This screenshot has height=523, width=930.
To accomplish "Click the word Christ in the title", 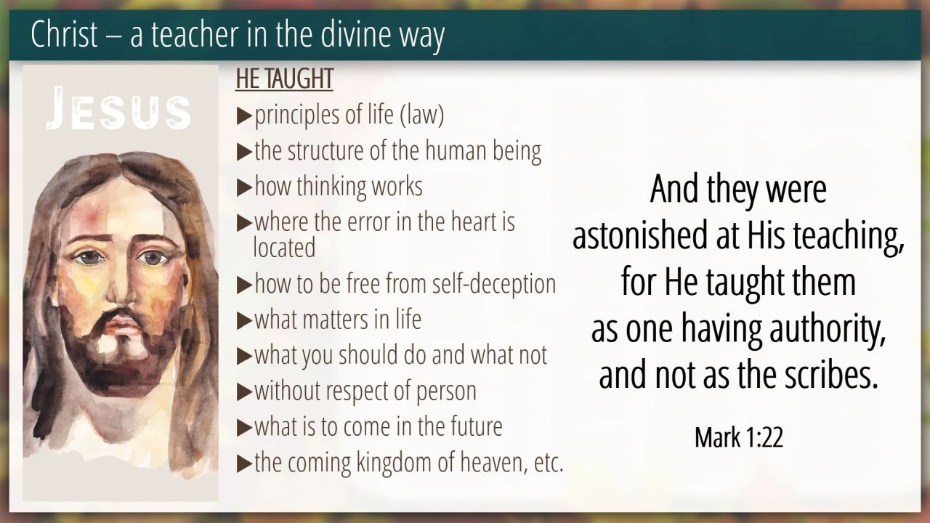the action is click(65, 34).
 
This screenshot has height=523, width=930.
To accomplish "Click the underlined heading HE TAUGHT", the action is click(284, 78).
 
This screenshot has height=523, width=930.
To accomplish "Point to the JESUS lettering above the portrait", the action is click(118, 108).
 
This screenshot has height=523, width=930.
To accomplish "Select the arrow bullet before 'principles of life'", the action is click(244, 115).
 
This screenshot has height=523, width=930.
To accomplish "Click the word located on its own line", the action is click(284, 248).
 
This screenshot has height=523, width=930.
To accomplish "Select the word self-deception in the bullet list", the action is click(493, 284).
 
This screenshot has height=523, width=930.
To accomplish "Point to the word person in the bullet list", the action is click(446, 392).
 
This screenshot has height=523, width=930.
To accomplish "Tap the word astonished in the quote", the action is click(640, 235).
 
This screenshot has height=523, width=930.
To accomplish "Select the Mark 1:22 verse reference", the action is click(739, 437).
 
